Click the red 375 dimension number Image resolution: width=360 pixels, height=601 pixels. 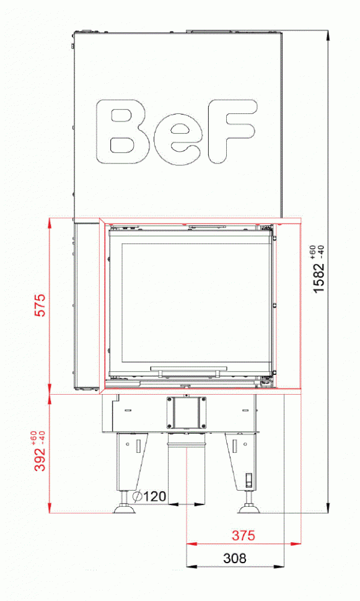[244, 535]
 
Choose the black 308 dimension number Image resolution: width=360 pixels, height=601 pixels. [234, 558]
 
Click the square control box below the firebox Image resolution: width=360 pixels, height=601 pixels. [187, 412]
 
